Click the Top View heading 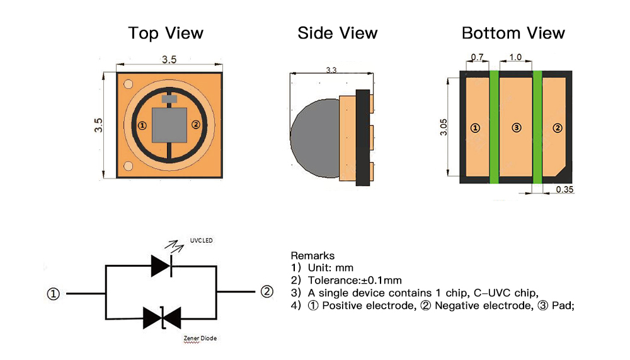coord(166,33)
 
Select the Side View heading coord(338,33)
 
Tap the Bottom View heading coord(513,33)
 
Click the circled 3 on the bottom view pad coord(517,128)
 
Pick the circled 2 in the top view coord(195,125)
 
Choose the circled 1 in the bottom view coord(476,128)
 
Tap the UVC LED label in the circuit coord(201,240)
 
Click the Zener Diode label coord(198,339)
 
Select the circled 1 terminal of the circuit coord(54,294)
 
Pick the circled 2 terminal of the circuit coord(266,291)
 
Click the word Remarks coord(312,256)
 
